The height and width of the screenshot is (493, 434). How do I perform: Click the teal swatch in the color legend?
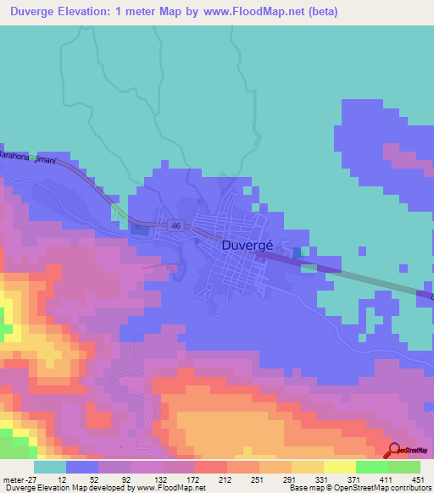pos(50,468)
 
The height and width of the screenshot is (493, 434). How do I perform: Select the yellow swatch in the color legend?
pos(340,468)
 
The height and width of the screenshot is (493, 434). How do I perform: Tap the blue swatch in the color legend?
pos(82,468)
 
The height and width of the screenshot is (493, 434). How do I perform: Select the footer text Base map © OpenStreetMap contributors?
pos(359,487)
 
